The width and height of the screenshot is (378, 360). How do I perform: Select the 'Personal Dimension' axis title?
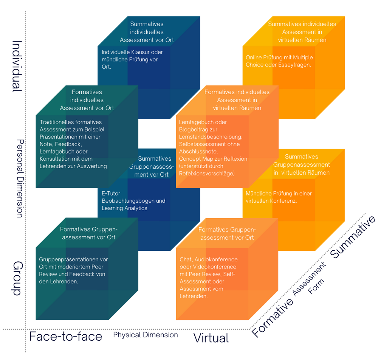click(x=20, y=178)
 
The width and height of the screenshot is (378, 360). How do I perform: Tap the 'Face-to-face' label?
click(x=66, y=336)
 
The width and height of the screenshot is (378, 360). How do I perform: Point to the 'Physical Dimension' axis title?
click(x=146, y=335)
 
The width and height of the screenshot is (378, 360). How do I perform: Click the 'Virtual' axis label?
click(x=211, y=338)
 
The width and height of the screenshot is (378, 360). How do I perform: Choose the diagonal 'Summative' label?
click(x=353, y=237)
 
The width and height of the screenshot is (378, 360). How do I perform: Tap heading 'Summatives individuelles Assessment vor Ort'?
click(x=147, y=32)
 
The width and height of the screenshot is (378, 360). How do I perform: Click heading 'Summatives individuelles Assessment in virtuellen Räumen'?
click(x=302, y=32)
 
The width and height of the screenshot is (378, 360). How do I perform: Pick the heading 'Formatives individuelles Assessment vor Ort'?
click(x=87, y=100)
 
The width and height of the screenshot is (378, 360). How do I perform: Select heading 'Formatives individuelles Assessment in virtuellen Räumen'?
click(x=237, y=100)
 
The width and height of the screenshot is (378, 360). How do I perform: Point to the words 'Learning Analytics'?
click(x=124, y=208)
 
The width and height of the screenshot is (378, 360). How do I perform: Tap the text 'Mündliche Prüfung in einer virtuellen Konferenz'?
click(x=279, y=197)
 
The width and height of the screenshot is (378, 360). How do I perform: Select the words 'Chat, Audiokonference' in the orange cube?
click(x=209, y=259)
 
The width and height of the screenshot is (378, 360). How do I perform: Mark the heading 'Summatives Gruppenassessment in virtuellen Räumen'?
click(x=301, y=164)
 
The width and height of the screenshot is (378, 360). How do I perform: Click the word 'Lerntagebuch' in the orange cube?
click(x=197, y=122)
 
